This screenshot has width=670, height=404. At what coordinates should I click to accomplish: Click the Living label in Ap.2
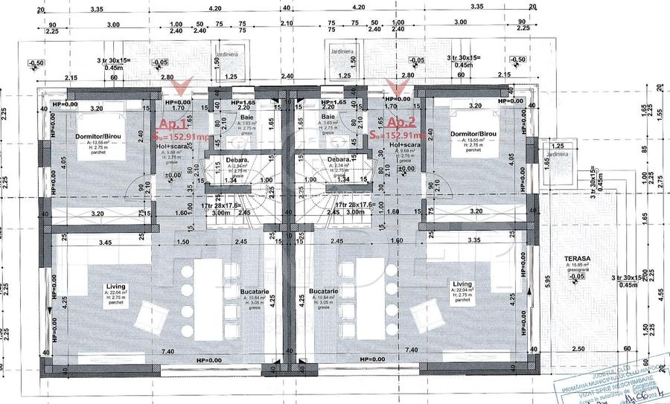point(463,283)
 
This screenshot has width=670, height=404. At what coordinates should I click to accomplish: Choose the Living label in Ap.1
point(115,284)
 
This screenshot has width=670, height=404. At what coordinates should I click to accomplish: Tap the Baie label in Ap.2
point(327,117)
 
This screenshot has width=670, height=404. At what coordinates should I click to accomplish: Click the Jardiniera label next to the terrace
point(558,156)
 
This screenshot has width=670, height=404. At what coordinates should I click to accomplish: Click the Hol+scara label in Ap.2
point(403,147)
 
